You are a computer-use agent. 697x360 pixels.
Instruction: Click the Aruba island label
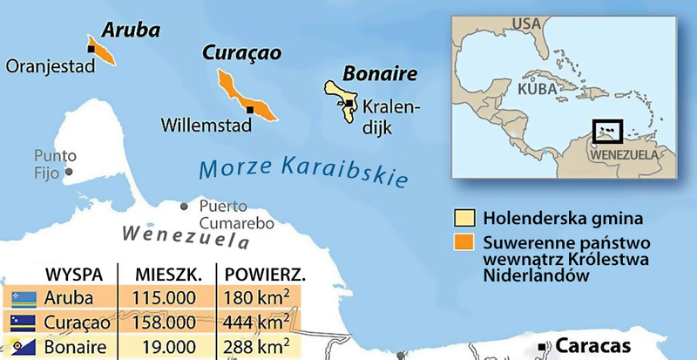click(131, 31)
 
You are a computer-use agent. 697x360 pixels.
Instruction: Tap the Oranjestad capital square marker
click(91, 50)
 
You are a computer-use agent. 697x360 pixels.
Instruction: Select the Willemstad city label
click(206, 126)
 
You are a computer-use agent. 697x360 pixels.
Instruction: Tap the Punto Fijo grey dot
click(68, 172)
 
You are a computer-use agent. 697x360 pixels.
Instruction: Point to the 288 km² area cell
click(257, 347)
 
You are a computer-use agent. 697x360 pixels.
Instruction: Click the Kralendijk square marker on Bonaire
click(349, 103)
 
